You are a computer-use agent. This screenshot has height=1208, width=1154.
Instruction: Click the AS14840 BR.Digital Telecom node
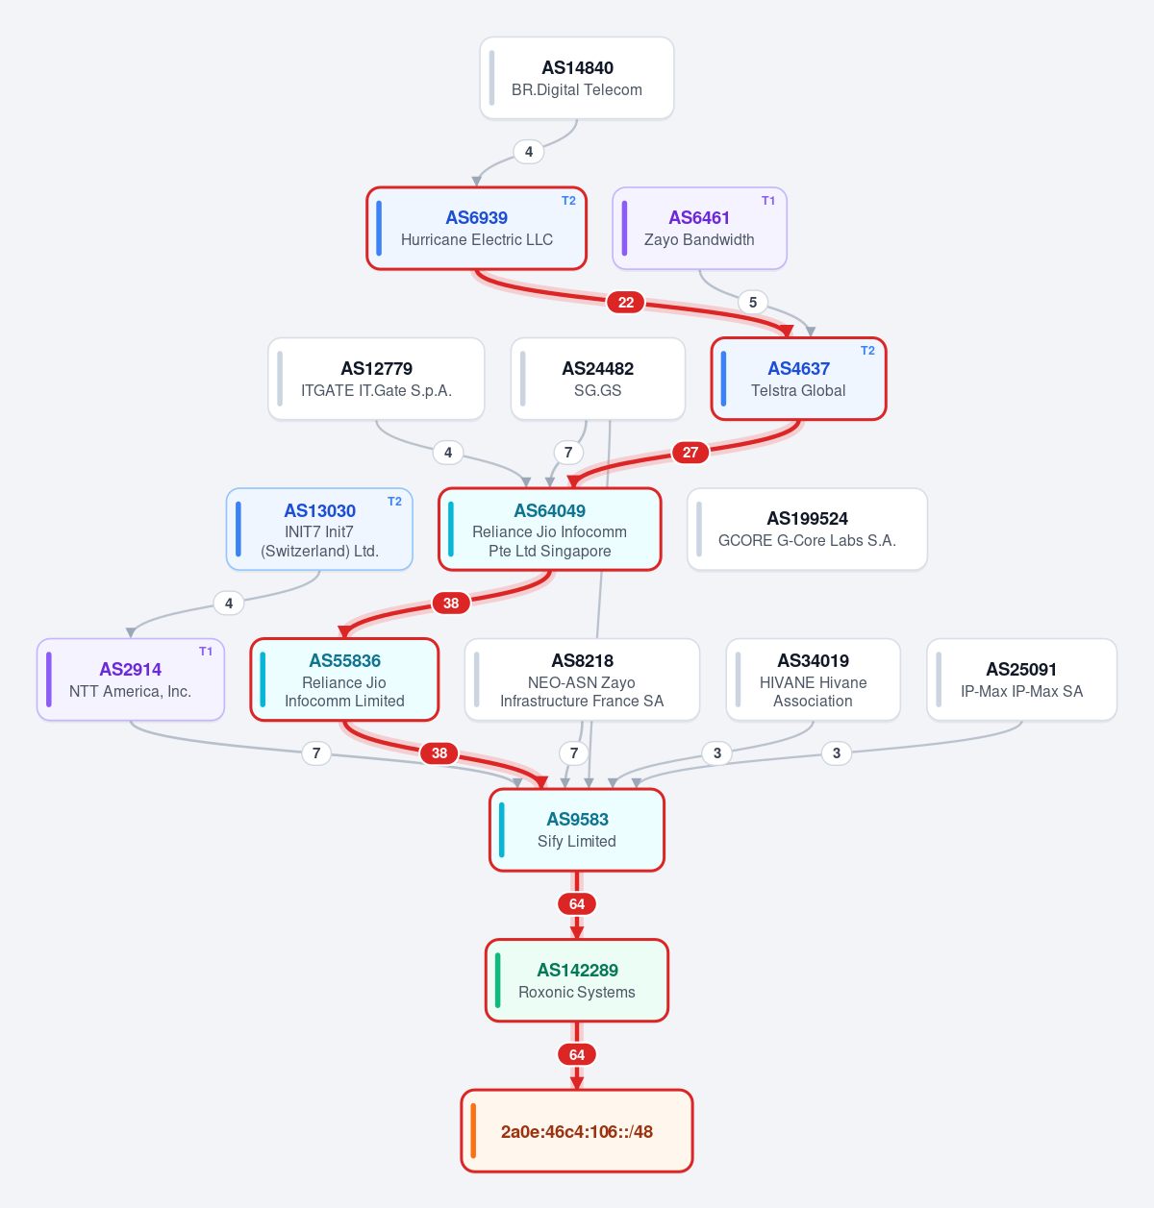coord(576,78)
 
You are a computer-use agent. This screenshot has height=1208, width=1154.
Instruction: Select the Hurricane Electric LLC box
coord(476,229)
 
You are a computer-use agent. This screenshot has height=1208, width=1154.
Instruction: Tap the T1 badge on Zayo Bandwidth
coord(768,201)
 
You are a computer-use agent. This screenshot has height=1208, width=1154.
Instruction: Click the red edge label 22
coord(625,303)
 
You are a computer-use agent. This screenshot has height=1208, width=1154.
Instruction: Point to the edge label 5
coord(753,303)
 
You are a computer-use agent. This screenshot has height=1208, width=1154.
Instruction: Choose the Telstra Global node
coord(798,379)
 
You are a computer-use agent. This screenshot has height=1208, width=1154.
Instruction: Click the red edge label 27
coord(690,453)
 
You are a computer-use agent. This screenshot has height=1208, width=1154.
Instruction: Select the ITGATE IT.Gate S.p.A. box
coord(376,379)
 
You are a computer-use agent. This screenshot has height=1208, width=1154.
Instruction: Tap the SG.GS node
coord(597,379)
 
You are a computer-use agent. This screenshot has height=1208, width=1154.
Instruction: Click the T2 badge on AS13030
coord(394,502)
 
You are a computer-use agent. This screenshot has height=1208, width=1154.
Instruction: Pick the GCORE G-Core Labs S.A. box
coord(807,529)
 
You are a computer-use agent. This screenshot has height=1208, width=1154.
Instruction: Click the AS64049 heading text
coord(550,511)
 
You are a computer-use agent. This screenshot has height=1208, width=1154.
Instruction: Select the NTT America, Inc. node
coord(131,679)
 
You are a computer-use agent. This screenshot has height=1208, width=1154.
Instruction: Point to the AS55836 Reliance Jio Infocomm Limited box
coord(344,679)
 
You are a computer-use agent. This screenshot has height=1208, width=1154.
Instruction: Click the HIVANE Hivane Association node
coord(813,679)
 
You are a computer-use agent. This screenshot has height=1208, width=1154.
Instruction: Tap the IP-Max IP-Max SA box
coord(1021,679)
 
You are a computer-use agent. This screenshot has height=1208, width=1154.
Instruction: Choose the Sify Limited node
coord(576,830)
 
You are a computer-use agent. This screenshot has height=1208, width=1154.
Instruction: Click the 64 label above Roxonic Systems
coord(577,903)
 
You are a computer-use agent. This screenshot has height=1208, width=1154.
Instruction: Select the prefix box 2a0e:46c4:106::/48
coord(576,1131)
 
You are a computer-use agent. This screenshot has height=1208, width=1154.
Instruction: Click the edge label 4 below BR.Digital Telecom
coord(529,152)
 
